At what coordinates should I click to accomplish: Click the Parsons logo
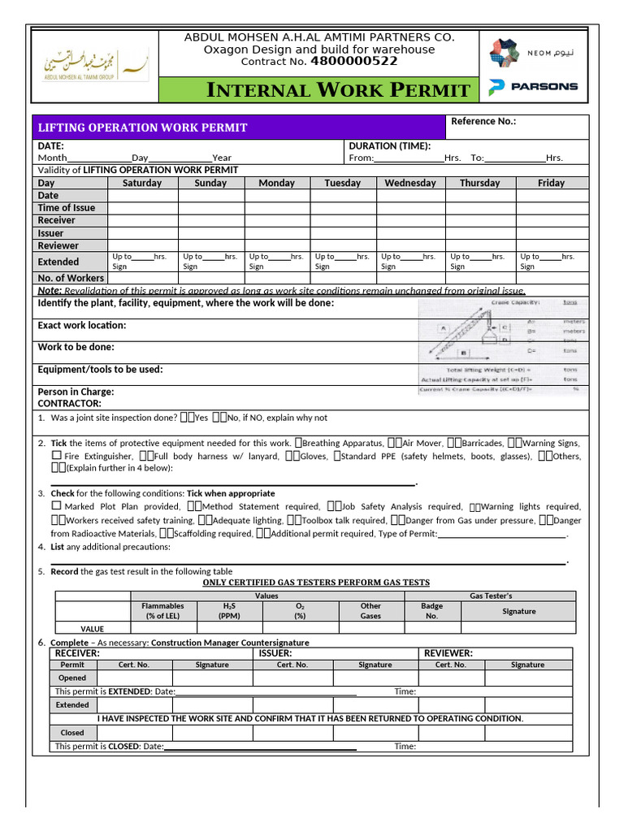pos(533,86)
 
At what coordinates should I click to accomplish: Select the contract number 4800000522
pos(353,62)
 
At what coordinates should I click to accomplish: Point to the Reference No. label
pos(483,121)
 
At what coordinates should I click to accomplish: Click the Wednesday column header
pos(409,183)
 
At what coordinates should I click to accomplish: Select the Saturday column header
pos(142,183)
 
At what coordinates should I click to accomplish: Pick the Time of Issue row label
pos(67,208)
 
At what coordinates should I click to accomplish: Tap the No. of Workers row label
pos(71,278)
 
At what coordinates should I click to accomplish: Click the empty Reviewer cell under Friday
pos(551,245)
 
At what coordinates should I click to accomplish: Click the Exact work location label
pos(82,325)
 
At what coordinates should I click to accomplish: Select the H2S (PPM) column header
pos(229,611)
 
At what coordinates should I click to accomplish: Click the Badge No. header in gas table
pos(431,611)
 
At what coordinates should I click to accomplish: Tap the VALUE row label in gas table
pos(92,628)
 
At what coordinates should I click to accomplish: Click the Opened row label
pos(72,678)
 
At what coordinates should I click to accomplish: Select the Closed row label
pos(72,732)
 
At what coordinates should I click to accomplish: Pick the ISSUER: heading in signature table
pos(275,652)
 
